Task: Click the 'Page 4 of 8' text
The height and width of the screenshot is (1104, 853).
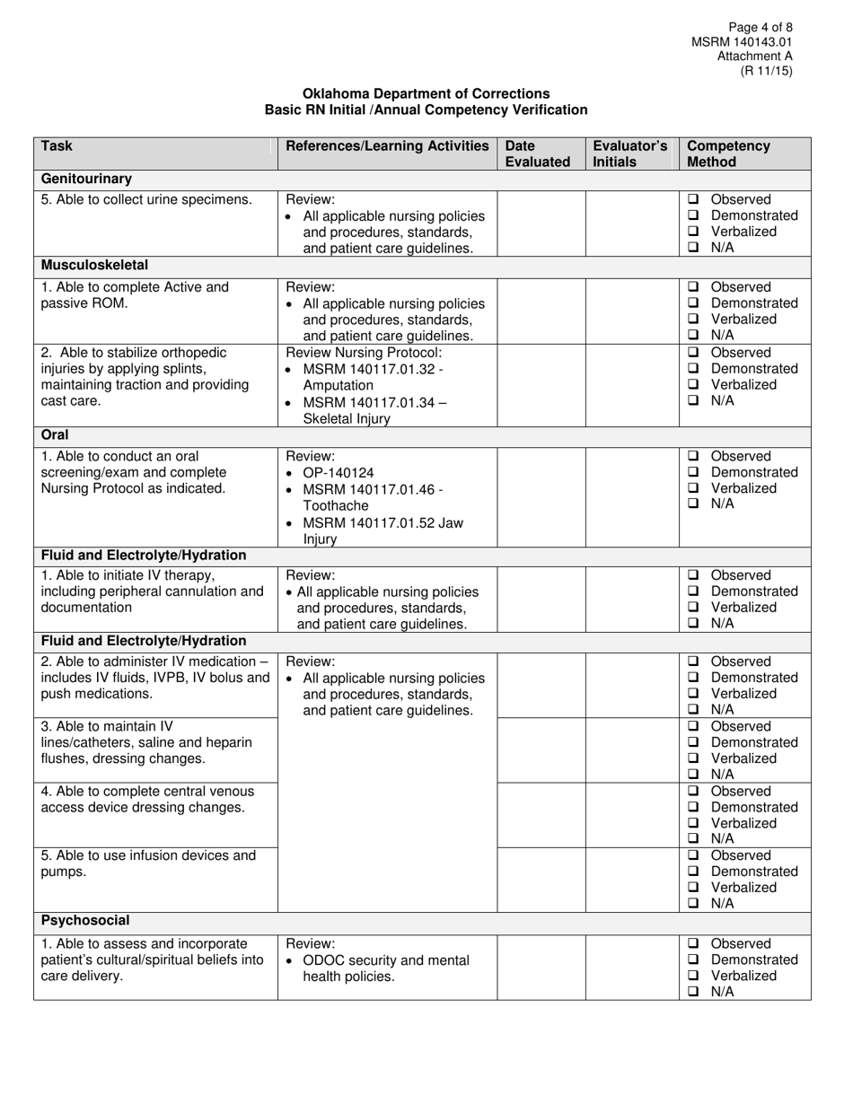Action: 761,27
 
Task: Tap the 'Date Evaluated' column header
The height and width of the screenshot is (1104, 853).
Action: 537,153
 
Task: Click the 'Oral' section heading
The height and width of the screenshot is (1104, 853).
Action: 56,434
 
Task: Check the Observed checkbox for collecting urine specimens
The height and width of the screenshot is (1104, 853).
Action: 693,199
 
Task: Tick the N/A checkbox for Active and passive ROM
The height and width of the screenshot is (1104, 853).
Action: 693,336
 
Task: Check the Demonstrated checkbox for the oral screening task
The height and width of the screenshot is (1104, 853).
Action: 693,472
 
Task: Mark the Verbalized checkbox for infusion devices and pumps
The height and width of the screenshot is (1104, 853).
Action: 693,888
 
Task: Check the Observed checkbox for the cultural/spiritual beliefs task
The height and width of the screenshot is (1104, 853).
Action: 693,943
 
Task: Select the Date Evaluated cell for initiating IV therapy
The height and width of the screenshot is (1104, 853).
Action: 541,599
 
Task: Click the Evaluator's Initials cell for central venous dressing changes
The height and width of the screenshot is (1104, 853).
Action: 632,814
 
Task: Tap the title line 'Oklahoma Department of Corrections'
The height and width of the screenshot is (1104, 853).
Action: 426,93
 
